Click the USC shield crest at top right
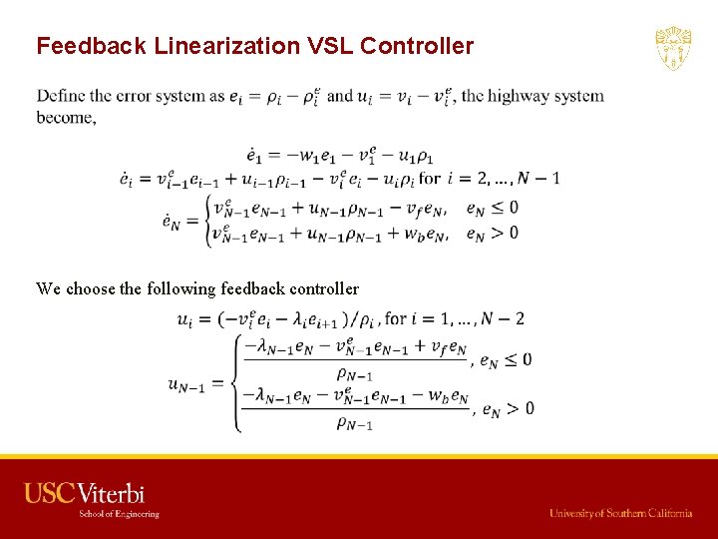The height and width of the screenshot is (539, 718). [673, 49]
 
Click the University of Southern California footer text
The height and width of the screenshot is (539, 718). [620, 513]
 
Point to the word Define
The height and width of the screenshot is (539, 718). [61, 97]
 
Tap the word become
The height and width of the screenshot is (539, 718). [66, 117]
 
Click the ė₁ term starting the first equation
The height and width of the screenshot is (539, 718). [256, 157]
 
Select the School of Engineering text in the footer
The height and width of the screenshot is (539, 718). [120, 514]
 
